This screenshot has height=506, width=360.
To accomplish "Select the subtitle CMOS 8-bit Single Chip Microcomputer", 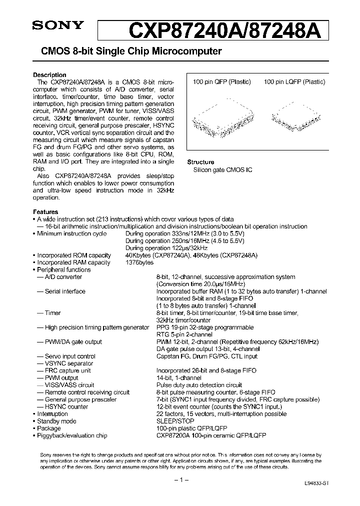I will (x=127, y=51).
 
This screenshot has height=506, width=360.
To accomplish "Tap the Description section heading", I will (x=49, y=75).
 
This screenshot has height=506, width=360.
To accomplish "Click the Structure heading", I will (x=200, y=162).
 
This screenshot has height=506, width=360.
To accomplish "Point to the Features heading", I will (x=45, y=212).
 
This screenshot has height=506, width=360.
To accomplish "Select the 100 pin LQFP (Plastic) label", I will (x=294, y=82).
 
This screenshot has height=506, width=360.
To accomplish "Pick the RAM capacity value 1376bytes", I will (x=139, y=262).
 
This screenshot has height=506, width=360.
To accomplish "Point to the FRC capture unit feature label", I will (x=67, y=371).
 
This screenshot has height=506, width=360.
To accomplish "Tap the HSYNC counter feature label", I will (x=66, y=407).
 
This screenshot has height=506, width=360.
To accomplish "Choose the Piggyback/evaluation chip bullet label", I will (x=72, y=435).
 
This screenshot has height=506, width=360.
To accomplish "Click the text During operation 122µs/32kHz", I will (x=160, y=248).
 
